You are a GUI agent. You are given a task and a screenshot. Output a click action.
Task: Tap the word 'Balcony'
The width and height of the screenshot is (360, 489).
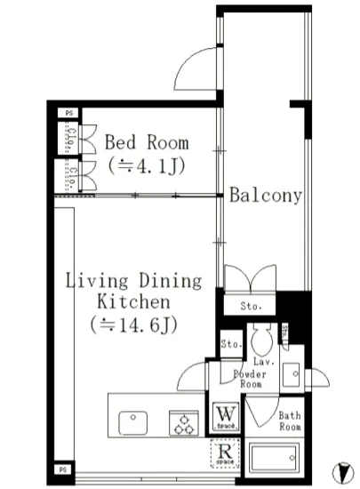266,196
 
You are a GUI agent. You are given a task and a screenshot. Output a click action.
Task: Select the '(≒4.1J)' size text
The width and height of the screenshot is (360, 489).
146,165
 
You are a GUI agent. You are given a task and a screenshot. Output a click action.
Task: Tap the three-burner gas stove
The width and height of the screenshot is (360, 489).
184,421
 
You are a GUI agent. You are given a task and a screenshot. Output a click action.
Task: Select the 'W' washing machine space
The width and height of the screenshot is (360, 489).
223,416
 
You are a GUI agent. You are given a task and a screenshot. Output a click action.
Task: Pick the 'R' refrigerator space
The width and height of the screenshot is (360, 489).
223,454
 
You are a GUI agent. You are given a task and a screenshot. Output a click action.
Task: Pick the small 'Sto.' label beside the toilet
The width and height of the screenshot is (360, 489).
231,343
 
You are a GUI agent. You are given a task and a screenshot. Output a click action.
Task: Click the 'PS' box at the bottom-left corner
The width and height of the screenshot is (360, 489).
63,467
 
